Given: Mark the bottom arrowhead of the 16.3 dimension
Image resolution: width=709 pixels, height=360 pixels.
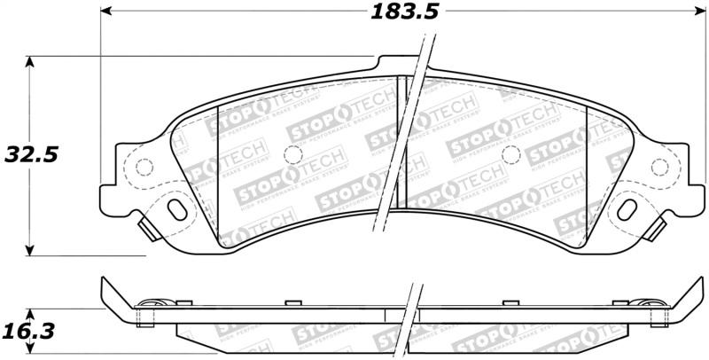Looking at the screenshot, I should coord(32,351).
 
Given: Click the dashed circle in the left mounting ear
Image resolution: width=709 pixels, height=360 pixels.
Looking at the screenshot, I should coord(141,166).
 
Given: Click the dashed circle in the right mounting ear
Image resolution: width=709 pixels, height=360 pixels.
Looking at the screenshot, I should coord(658,166).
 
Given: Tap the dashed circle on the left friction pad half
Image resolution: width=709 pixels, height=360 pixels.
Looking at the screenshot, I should coord(292,154).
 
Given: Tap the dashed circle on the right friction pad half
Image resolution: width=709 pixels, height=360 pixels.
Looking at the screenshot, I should coord(510,154).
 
